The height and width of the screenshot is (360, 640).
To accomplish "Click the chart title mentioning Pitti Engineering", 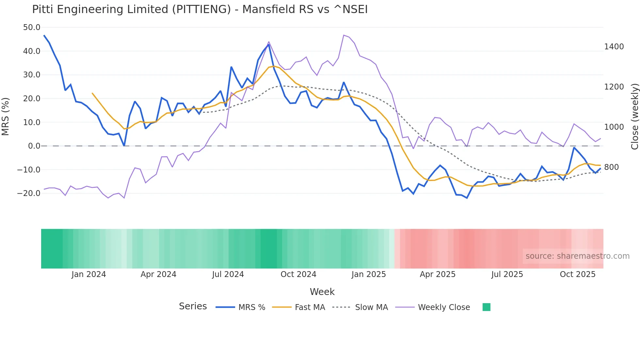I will [x=200, y=9].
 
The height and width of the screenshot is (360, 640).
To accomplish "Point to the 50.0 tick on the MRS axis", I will [x=32, y=27].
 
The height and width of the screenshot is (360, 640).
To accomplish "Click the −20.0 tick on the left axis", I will [x=29, y=193].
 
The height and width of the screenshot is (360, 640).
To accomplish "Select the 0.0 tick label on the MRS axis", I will [x=34, y=146].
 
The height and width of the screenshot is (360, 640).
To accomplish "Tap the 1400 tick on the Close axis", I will [x=614, y=47].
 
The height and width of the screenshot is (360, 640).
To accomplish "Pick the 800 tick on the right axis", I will [x=611, y=167].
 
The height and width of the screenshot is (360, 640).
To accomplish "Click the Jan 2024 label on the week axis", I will [x=88, y=274].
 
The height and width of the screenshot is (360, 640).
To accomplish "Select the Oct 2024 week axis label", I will [x=298, y=274].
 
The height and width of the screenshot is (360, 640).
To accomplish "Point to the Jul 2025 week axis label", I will [x=507, y=274].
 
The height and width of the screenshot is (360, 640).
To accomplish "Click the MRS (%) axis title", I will [x=6, y=116].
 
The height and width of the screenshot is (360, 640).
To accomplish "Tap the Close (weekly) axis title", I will [x=634, y=116].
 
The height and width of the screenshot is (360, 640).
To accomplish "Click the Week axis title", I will [x=322, y=292].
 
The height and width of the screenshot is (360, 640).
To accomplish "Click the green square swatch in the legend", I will [x=486, y=307].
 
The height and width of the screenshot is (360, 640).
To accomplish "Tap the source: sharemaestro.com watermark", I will [x=577, y=256].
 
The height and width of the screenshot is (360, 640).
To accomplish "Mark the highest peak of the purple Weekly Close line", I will [x=344, y=35].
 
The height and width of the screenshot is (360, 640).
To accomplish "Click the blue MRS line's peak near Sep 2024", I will [x=268, y=45].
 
